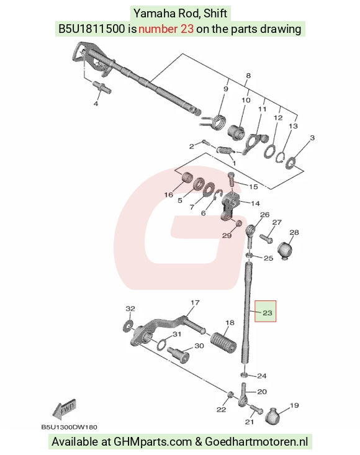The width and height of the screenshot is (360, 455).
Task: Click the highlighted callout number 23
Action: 267,312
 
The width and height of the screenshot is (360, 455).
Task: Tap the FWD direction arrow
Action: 65,409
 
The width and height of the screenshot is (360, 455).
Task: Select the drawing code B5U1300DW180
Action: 70,427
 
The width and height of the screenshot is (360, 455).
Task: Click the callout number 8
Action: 248,76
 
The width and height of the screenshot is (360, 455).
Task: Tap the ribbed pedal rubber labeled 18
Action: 223,343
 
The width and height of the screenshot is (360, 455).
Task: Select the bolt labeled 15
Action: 231,179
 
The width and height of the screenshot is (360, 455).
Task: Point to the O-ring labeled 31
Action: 162,344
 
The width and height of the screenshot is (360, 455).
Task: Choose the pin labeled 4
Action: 102,88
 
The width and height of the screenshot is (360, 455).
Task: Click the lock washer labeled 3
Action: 290,163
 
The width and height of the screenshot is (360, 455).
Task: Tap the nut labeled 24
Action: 245,375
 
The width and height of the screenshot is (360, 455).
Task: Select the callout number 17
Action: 195,303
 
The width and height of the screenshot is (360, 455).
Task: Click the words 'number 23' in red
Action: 166,29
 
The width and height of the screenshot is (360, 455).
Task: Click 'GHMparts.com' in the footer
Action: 153,441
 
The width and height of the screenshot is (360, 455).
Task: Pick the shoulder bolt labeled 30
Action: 178,353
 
